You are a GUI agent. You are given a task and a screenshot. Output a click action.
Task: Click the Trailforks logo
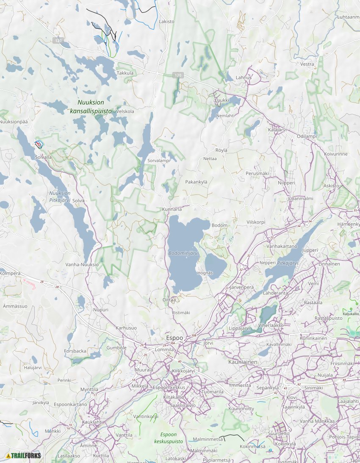click(24, 455)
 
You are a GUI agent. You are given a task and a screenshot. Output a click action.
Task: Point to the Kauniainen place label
click(242, 362)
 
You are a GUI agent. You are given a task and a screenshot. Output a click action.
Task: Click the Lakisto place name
click(166, 21)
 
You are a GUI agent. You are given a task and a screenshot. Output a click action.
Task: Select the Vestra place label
click(307, 64)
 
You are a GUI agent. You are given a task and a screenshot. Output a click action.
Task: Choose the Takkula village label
click(125, 73)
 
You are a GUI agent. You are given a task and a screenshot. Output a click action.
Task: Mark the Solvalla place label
click(43, 157)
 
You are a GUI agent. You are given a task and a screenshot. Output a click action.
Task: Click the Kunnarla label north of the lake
click(172, 209)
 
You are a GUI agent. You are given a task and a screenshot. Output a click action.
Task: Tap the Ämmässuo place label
click(15, 306)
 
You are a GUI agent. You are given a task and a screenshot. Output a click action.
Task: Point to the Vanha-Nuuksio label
click(82, 264)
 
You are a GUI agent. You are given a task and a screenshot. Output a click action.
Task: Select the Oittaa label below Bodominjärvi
click(169, 299)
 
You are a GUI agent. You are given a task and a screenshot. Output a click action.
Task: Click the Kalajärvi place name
click(278, 130)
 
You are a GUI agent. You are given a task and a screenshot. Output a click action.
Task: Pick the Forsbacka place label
click(75, 351)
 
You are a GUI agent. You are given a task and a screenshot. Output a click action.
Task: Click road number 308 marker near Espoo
click(194, 335)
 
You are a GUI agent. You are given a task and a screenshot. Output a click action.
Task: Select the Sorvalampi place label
click(158, 161)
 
